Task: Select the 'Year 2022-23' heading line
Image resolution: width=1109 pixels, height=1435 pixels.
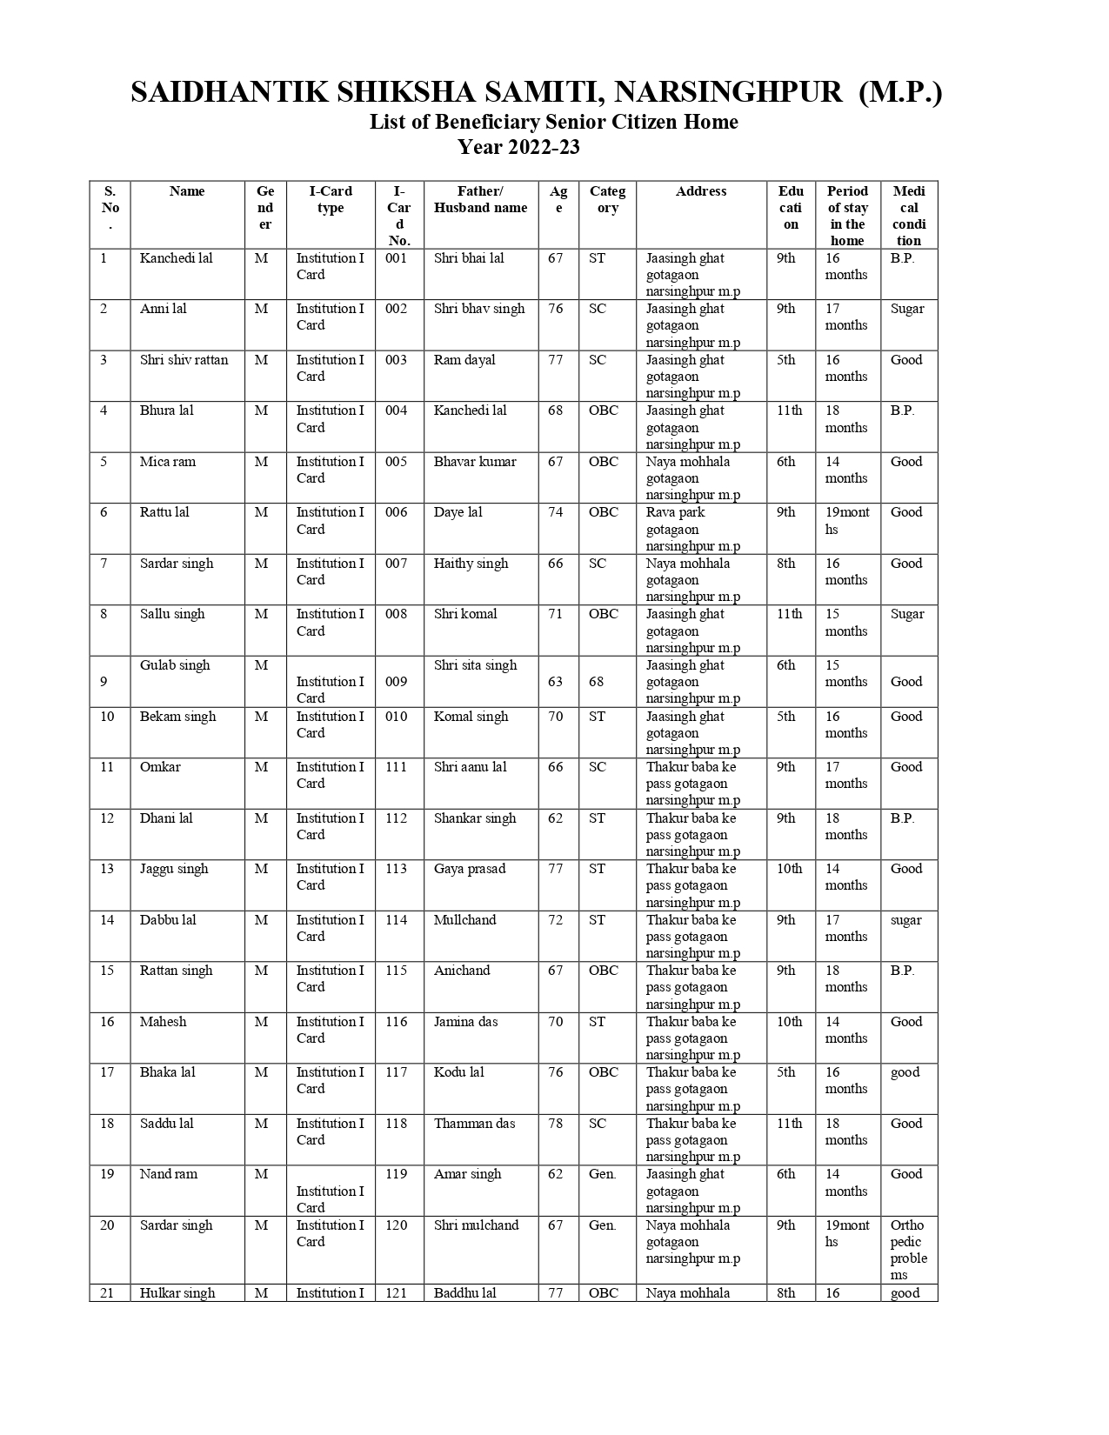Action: pos(518,147)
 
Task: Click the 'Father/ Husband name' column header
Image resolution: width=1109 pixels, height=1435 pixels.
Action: pos(480,199)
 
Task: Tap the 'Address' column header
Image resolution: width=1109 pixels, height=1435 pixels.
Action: pos(700,191)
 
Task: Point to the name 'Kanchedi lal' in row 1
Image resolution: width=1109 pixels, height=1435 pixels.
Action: pos(176,258)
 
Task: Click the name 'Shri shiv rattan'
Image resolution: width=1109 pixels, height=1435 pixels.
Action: pos(184,360)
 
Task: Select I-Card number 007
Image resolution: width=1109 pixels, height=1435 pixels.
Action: pos(396,564)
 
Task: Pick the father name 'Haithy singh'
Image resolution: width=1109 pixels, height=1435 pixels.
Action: pos(471,564)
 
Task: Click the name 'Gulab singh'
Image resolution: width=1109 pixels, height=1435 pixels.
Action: pos(175,665)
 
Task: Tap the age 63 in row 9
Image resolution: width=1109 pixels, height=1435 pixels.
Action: pos(555,682)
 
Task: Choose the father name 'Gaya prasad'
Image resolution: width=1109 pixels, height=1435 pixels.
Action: pos(469,869)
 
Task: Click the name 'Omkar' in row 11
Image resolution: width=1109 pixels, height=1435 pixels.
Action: pos(160,767)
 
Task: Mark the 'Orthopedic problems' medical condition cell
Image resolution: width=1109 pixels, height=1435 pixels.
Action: pos(908,1250)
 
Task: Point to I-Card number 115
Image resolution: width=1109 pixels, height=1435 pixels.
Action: pos(396,971)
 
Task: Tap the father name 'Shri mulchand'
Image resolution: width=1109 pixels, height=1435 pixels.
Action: pos(476,1225)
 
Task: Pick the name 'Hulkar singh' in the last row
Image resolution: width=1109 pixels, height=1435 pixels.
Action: pos(177,1293)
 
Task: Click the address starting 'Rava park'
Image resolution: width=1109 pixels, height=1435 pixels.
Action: pos(692,529)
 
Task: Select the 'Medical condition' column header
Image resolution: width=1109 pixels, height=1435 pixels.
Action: pos(908,216)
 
